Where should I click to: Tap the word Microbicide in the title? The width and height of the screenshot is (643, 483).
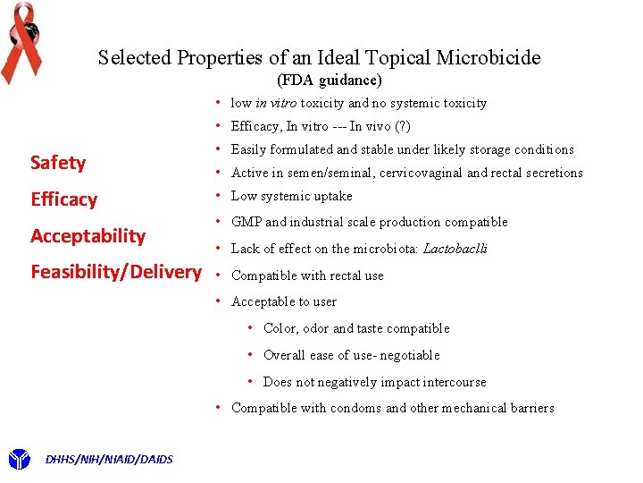pos(489,58)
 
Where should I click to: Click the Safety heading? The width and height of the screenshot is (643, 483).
pos(58,163)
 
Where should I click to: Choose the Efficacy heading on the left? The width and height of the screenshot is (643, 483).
pos(63,199)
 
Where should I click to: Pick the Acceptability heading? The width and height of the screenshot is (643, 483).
pos(88,236)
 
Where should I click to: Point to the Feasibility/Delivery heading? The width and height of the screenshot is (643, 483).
pos(116,272)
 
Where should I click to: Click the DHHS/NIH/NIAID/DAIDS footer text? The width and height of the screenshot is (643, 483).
pos(108,460)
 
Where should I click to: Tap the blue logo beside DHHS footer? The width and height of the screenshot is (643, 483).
pos(19,460)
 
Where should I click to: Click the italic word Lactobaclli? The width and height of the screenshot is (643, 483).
pos(455,249)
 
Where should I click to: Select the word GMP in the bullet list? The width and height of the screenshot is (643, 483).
pos(246,222)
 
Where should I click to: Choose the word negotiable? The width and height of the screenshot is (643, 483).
pos(409,355)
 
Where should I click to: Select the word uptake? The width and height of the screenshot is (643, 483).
pos(333,196)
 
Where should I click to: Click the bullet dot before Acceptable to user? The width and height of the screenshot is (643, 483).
pos(218,301)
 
